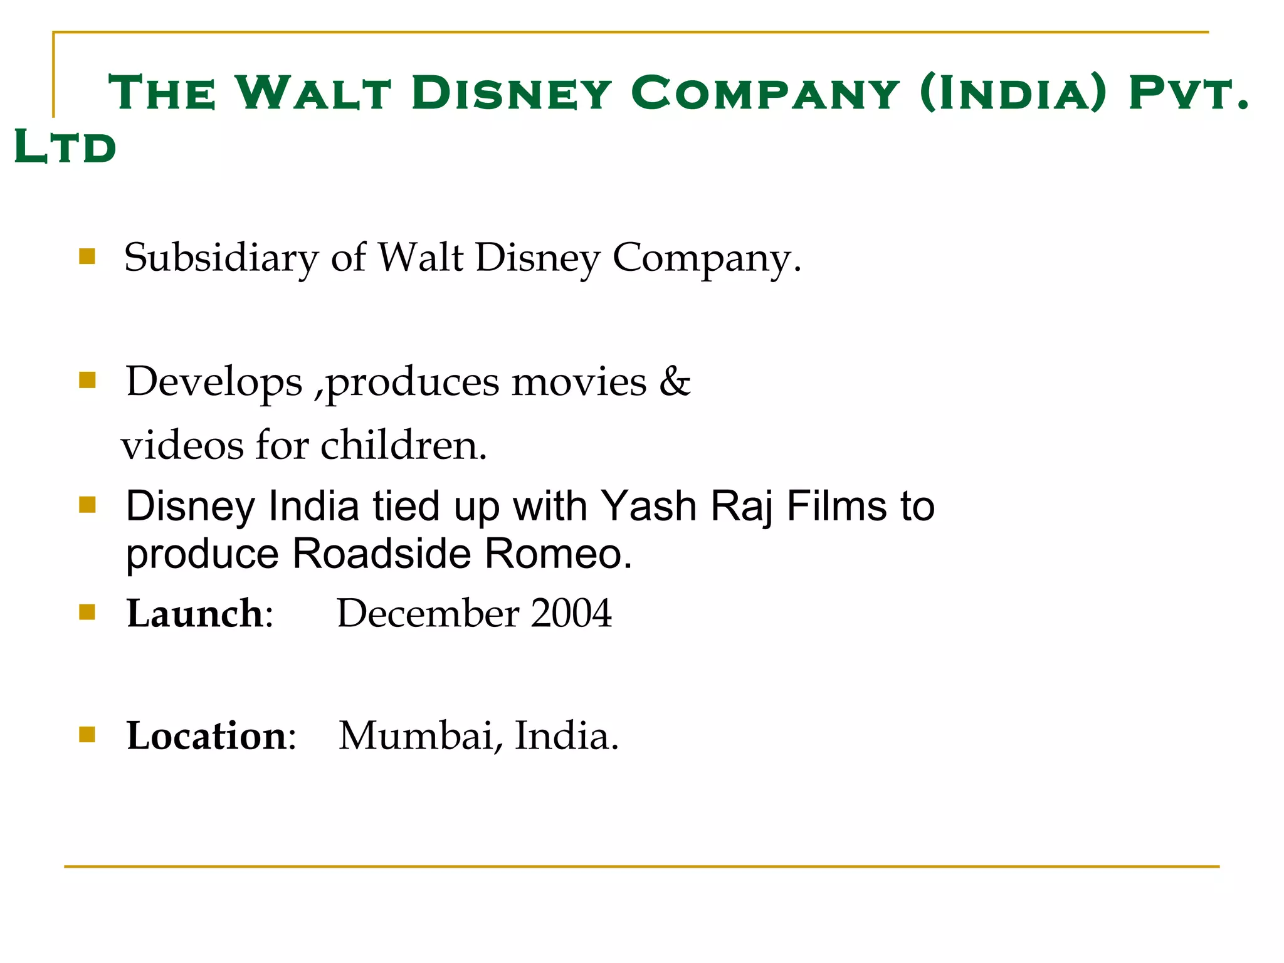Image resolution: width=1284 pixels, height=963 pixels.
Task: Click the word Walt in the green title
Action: point(313,93)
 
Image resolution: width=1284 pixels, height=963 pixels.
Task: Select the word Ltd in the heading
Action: point(65,147)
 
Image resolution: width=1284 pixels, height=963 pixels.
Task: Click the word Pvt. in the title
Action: point(1189,93)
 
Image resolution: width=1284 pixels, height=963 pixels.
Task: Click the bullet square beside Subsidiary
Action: point(87,256)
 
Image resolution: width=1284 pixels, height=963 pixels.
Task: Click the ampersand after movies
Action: point(675,381)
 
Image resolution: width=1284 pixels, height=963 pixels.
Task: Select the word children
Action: point(404,445)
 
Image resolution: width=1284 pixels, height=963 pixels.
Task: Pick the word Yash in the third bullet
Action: point(648,506)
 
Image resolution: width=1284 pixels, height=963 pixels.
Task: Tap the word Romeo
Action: point(558,554)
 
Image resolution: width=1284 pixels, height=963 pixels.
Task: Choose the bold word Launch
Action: point(194,613)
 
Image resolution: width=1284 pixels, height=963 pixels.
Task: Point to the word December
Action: point(428,613)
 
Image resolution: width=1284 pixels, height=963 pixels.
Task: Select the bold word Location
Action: point(206,735)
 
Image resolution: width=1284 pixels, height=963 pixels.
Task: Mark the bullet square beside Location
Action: point(87,734)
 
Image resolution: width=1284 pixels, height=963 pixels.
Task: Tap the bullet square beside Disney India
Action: point(87,505)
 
